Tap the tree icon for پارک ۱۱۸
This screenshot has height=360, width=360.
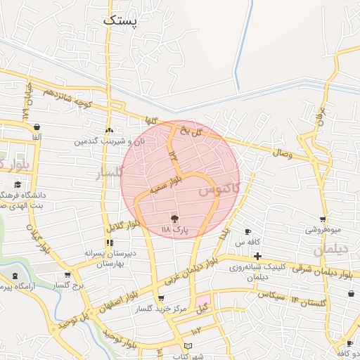(174, 219)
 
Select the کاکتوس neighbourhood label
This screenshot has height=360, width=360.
(218, 188)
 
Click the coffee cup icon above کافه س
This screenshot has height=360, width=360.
(247, 231)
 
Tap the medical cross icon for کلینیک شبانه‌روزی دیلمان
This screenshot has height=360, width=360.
(258, 256)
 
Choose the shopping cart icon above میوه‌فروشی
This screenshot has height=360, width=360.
(323, 219)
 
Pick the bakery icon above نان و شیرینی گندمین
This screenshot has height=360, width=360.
(108, 131)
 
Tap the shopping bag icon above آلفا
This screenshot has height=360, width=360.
(36, 127)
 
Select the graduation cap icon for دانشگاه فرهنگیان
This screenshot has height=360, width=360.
(17, 185)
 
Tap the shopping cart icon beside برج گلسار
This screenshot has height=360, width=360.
(67, 275)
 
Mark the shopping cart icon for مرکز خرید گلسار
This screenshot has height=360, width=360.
(161, 298)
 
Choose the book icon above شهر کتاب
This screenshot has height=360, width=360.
(187, 345)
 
